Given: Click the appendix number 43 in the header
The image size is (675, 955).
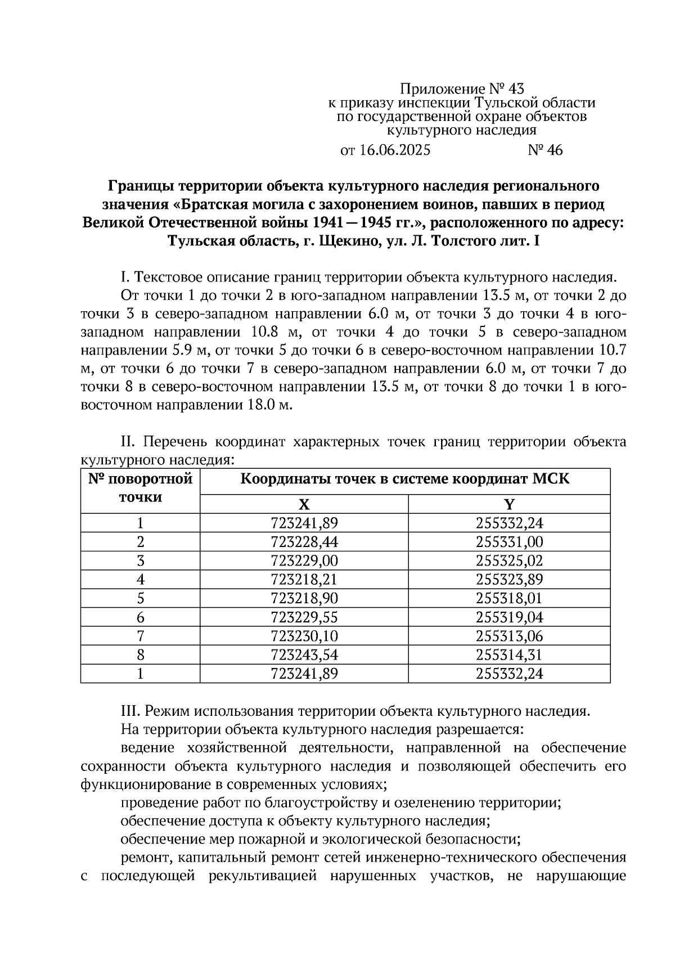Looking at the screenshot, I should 516,88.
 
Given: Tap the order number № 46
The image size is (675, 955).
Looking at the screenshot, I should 545,150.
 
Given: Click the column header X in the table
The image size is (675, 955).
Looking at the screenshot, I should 304,504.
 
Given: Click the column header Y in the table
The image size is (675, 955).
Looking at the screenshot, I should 509,504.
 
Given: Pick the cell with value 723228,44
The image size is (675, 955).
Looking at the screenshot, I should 304,542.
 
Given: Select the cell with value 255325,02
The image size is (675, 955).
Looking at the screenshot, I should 509,561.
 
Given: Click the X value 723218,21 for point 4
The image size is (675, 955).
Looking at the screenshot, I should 304,580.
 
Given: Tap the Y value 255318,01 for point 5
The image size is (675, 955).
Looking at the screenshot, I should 509,598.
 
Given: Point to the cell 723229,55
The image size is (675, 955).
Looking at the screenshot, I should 304,617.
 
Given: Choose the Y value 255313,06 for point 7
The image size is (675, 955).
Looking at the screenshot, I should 509,636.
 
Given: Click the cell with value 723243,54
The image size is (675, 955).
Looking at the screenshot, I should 304,655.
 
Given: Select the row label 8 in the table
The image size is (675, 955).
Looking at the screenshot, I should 140,655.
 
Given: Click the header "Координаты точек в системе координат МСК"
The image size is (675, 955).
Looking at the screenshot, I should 404,479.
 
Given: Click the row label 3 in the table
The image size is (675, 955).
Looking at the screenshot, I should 140,561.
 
